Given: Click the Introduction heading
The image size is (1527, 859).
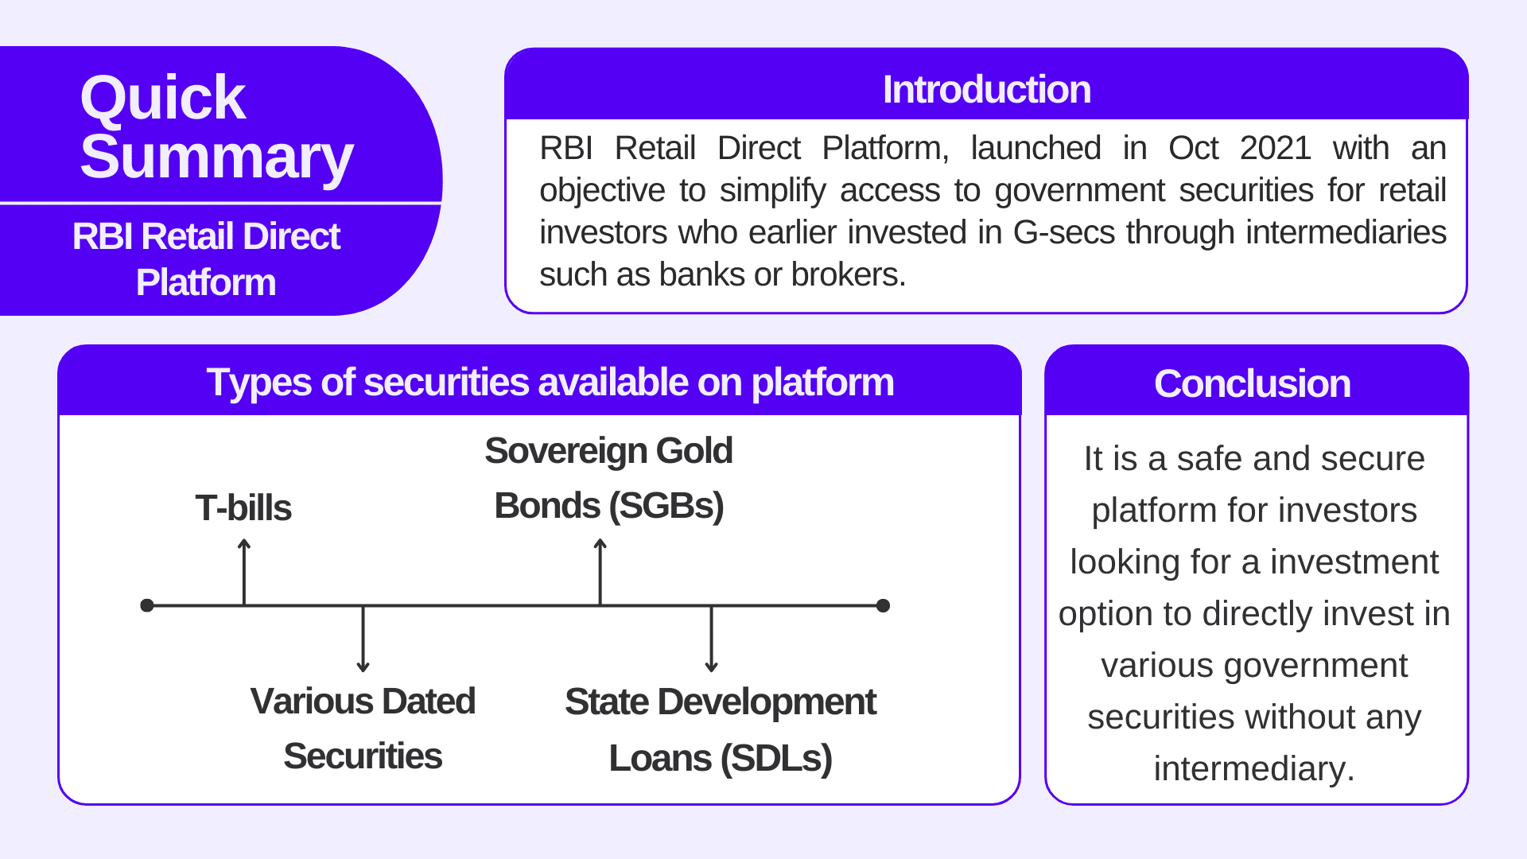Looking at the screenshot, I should [x=986, y=89].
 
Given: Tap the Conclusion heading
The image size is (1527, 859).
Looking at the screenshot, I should [x=1252, y=383].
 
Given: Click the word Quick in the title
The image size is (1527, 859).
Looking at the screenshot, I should [x=162, y=98].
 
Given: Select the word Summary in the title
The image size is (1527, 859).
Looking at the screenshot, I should [x=216, y=157].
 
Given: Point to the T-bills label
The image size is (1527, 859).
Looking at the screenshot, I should [x=243, y=507].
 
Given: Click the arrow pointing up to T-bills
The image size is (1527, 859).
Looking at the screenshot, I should [x=244, y=571].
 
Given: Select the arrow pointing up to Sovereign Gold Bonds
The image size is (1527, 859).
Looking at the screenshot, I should [x=600, y=571].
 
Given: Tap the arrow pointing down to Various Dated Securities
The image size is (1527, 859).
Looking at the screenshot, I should [x=363, y=639].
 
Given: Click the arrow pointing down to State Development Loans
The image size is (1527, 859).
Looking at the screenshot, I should [x=711, y=639].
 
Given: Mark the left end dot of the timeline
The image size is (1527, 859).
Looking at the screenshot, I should [x=147, y=605].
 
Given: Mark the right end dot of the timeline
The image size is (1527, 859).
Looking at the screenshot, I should [x=883, y=605].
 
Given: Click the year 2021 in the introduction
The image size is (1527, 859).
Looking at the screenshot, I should [x=1275, y=149].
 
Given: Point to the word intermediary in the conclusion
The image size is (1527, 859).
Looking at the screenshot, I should [x=1253, y=769].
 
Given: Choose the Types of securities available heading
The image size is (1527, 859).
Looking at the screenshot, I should [x=550, y=383].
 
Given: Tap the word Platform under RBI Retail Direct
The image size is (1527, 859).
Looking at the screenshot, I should [x=206, y=283].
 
